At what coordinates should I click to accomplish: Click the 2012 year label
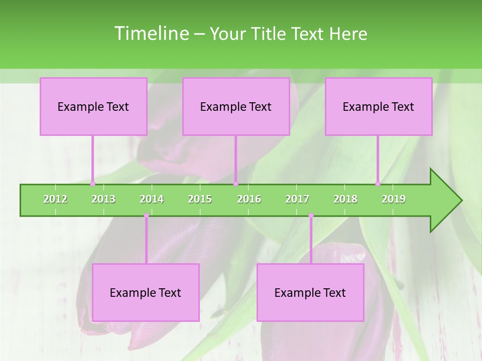(x=55, y=199)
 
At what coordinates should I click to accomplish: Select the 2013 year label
(x=103, y=199)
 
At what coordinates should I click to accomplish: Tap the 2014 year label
(x=152, y=199)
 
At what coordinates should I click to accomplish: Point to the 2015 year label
(x=200, y=199)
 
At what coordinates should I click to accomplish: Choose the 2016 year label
(x=249, y=199)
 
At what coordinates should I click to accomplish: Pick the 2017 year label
(x=297, y=199)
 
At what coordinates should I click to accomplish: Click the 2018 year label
(x=345, y=199)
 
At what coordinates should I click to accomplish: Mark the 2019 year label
(x=394, y=199)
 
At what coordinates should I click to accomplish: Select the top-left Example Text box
(x=93, y=106)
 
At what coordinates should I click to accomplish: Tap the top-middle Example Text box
(x=236, y=106)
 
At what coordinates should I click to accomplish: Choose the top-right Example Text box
(x=379, y=106)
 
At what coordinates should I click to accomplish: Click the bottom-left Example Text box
(x=146, y=292)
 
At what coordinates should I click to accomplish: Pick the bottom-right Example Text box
(x=310, y=292)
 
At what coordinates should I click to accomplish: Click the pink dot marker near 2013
(x=93, y=184)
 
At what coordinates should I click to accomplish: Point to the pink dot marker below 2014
(x=146, y=216)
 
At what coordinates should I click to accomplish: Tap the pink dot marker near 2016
(x=235, y=184)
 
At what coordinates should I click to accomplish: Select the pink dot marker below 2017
(x=311, y=216)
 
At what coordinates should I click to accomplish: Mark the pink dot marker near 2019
(x=378, y=184)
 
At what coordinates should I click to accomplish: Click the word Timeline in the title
(x=151, y=34)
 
